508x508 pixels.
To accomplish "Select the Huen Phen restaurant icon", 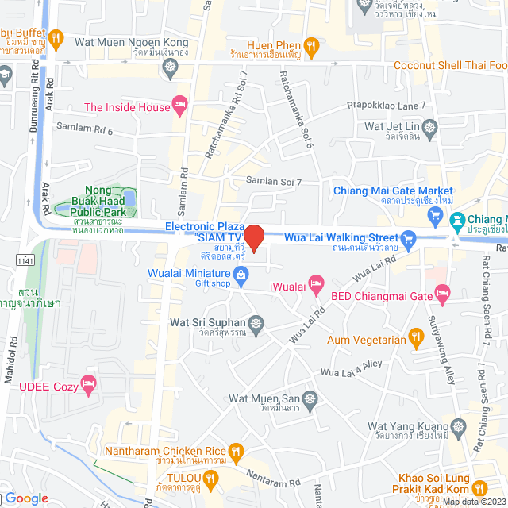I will point(313,46).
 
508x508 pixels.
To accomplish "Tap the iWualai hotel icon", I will point(316,281).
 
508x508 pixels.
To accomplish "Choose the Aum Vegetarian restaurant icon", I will point(414,341).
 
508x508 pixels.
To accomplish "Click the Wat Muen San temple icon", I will point(310,397).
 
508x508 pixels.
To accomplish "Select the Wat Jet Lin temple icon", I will point(430,126).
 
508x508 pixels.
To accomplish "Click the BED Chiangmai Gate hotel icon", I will point(442,296).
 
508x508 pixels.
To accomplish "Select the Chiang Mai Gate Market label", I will point(392,191).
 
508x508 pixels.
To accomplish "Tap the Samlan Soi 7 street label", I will point(273,182).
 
